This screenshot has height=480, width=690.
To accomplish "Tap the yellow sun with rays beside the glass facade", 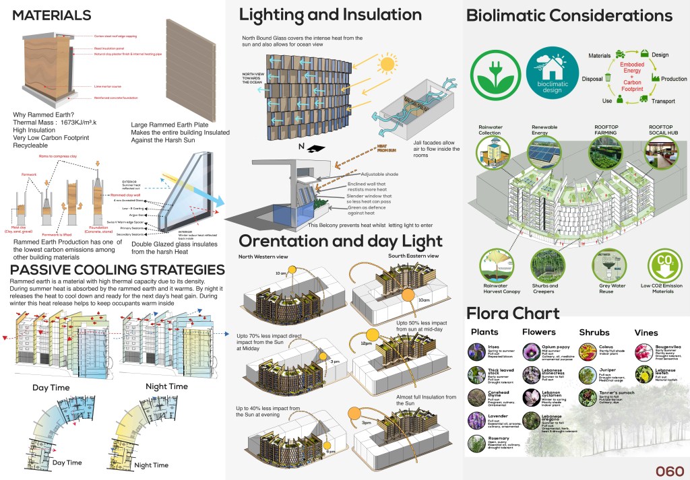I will tap(386, 65).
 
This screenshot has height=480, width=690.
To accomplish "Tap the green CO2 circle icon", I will tap(662, 265).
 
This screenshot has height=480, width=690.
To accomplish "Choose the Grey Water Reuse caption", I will tap(605, 289).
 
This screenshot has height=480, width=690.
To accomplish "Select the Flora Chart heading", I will tap(512, 313).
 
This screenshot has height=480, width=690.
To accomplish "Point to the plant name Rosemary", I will tap(499, 438).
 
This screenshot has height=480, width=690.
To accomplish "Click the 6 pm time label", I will tap(332, 452).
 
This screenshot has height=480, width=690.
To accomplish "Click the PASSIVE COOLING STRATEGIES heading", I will tap(117, 270).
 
